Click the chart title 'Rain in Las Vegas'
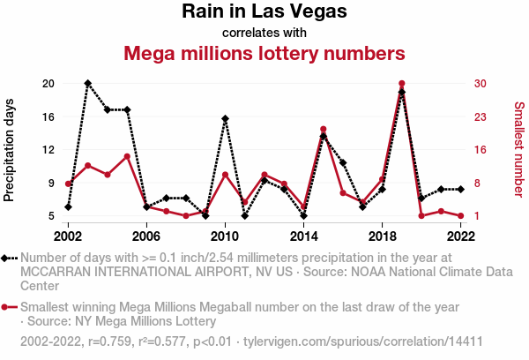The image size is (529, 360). coord(264,12)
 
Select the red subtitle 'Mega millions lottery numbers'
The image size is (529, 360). coord(264,53)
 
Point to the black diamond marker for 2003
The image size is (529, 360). coord(88,83)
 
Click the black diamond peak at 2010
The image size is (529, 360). coord(225,118)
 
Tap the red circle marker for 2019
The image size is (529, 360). coord(401,84)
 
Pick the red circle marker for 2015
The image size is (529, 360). coord(323,130)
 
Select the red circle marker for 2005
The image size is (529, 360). coord(127,156)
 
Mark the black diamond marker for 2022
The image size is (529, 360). coord(460,189)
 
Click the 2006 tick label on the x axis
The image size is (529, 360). coord(146,236)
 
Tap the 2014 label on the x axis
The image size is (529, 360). coord(303,236)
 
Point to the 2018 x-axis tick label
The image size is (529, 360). coord(382,236)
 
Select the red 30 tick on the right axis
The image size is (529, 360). coord(480,83)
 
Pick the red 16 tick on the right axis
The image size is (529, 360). coord(480,150)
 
